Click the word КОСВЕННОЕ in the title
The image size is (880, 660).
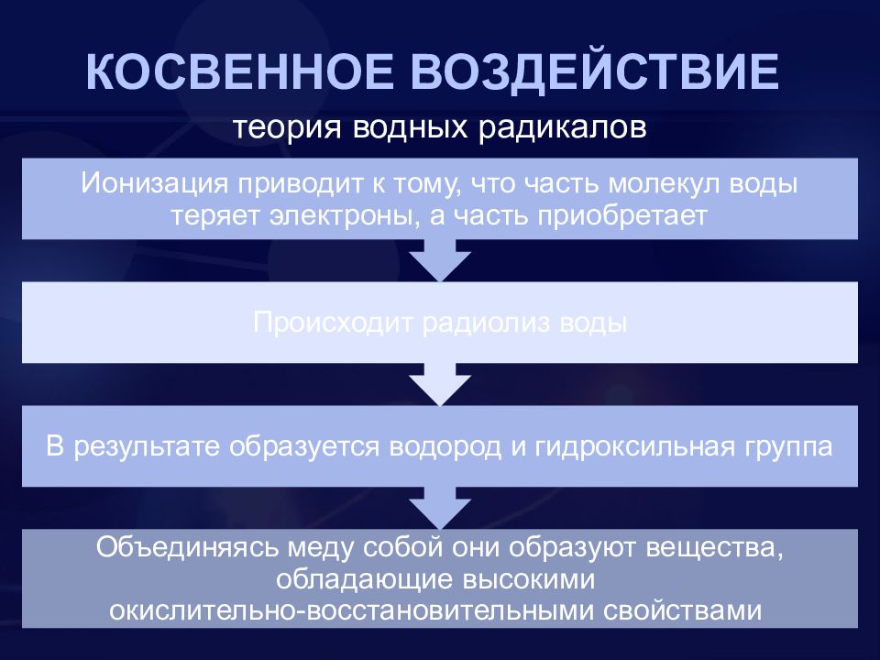pos(239,72)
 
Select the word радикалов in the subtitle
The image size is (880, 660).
pos(562,128)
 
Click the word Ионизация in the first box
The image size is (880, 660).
pos(154,184)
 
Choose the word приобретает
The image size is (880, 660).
pos(622,216)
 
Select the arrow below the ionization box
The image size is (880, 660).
pos(440,259)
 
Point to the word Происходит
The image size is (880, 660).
pos(334,323)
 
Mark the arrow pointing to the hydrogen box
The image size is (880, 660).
pos(440,384)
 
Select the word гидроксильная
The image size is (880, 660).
pos(634,446)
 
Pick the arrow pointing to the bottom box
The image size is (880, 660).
pos(440,507)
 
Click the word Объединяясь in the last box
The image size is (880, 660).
pos(187,547)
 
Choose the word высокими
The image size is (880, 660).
pos(528,579)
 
